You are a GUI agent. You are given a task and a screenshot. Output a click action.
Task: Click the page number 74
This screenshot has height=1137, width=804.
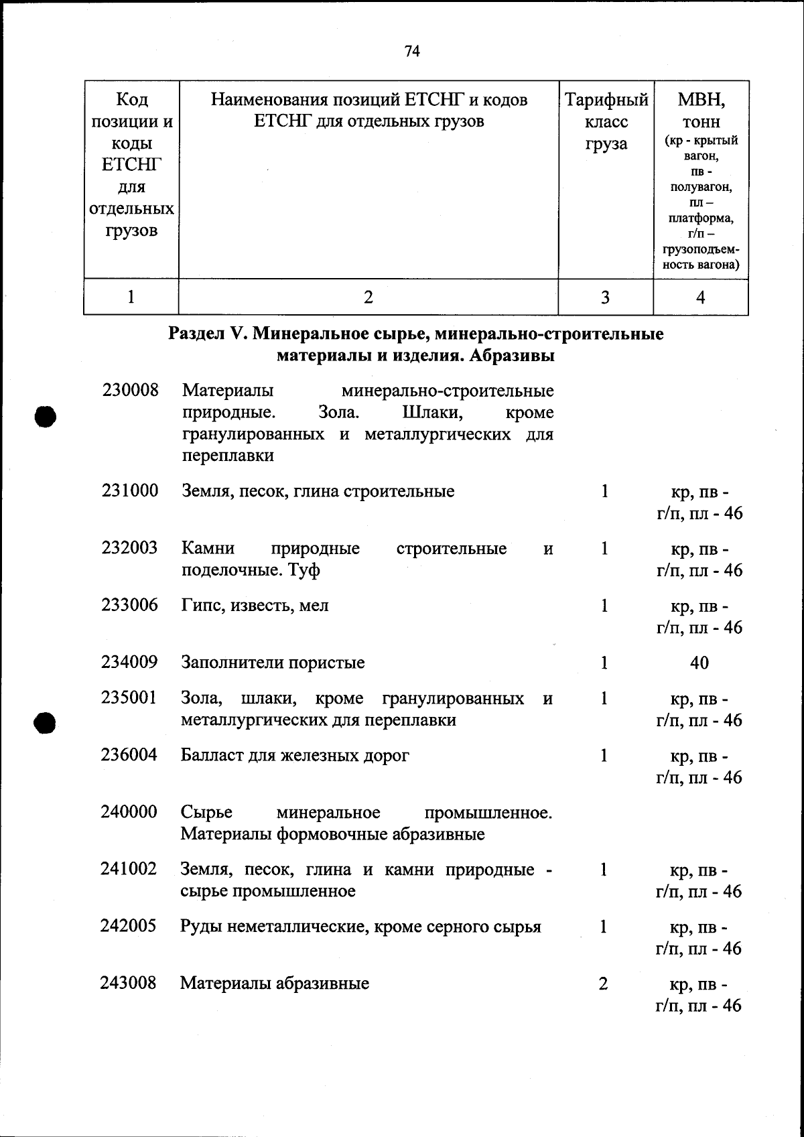coord(412,51)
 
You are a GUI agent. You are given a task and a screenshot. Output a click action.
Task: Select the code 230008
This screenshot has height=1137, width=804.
coord(131,390)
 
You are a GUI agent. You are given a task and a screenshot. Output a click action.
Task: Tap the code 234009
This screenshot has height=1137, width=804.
coord(129,663)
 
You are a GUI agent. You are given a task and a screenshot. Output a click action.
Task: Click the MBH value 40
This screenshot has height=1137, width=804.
coord(699,663)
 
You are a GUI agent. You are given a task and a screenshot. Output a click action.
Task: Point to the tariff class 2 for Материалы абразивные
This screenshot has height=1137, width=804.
coord(603,984)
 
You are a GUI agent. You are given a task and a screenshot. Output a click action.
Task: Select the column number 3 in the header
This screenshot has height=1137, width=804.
coord(605,297)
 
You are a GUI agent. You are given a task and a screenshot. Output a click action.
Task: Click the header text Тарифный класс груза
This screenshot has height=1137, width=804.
coord(606,122)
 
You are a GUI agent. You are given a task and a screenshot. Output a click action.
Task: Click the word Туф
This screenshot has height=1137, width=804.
coord(304,571)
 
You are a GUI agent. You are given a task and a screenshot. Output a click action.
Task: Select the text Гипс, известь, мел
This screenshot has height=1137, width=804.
coord(255,606)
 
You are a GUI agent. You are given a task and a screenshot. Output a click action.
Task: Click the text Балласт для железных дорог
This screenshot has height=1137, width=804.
coord(295,756)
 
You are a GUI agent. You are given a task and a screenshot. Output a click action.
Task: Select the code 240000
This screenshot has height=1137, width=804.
coord(129,812)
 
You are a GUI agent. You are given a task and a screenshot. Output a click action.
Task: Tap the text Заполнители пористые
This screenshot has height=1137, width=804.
coord(273,663)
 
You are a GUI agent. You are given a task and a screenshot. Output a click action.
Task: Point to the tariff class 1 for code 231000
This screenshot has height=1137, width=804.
coord(604,492)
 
